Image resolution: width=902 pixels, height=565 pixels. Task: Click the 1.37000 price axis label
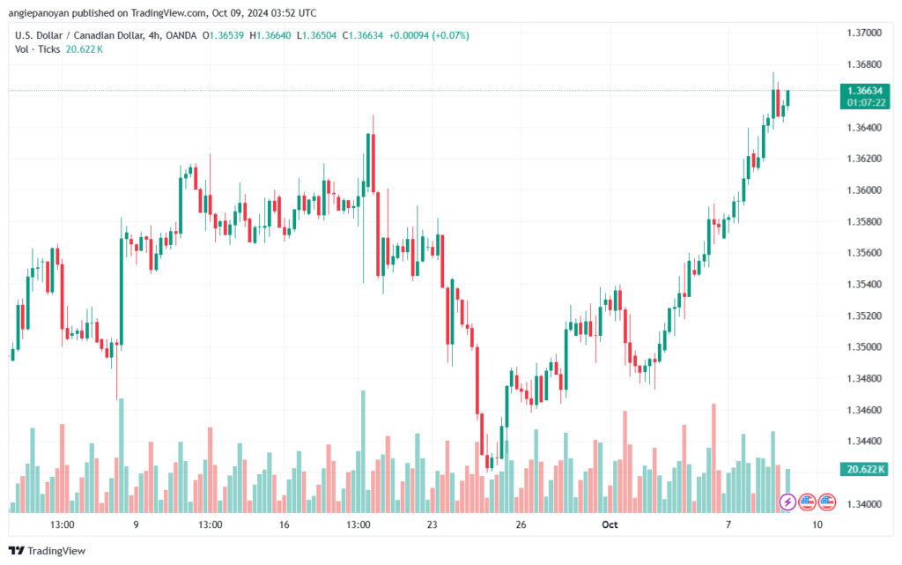pos(863,33)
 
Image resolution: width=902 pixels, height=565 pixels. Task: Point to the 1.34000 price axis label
pos(863,504)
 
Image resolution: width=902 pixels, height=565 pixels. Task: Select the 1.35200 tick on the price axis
pos(863,316)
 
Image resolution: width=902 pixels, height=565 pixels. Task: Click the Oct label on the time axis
pos(610,524)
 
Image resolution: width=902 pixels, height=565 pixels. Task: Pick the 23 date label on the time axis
pos(432,524)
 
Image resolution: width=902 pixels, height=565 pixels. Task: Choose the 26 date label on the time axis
pos(521,524)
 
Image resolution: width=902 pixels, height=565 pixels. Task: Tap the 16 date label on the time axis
pos(284,524)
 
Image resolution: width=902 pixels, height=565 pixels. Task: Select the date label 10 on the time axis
pos(817,524)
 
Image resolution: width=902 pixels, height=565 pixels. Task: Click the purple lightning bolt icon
pos(787,502)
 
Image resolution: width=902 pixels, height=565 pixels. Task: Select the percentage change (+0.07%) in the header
pos(449,35)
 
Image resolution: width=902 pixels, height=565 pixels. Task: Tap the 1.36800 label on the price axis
pos(863,64)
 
